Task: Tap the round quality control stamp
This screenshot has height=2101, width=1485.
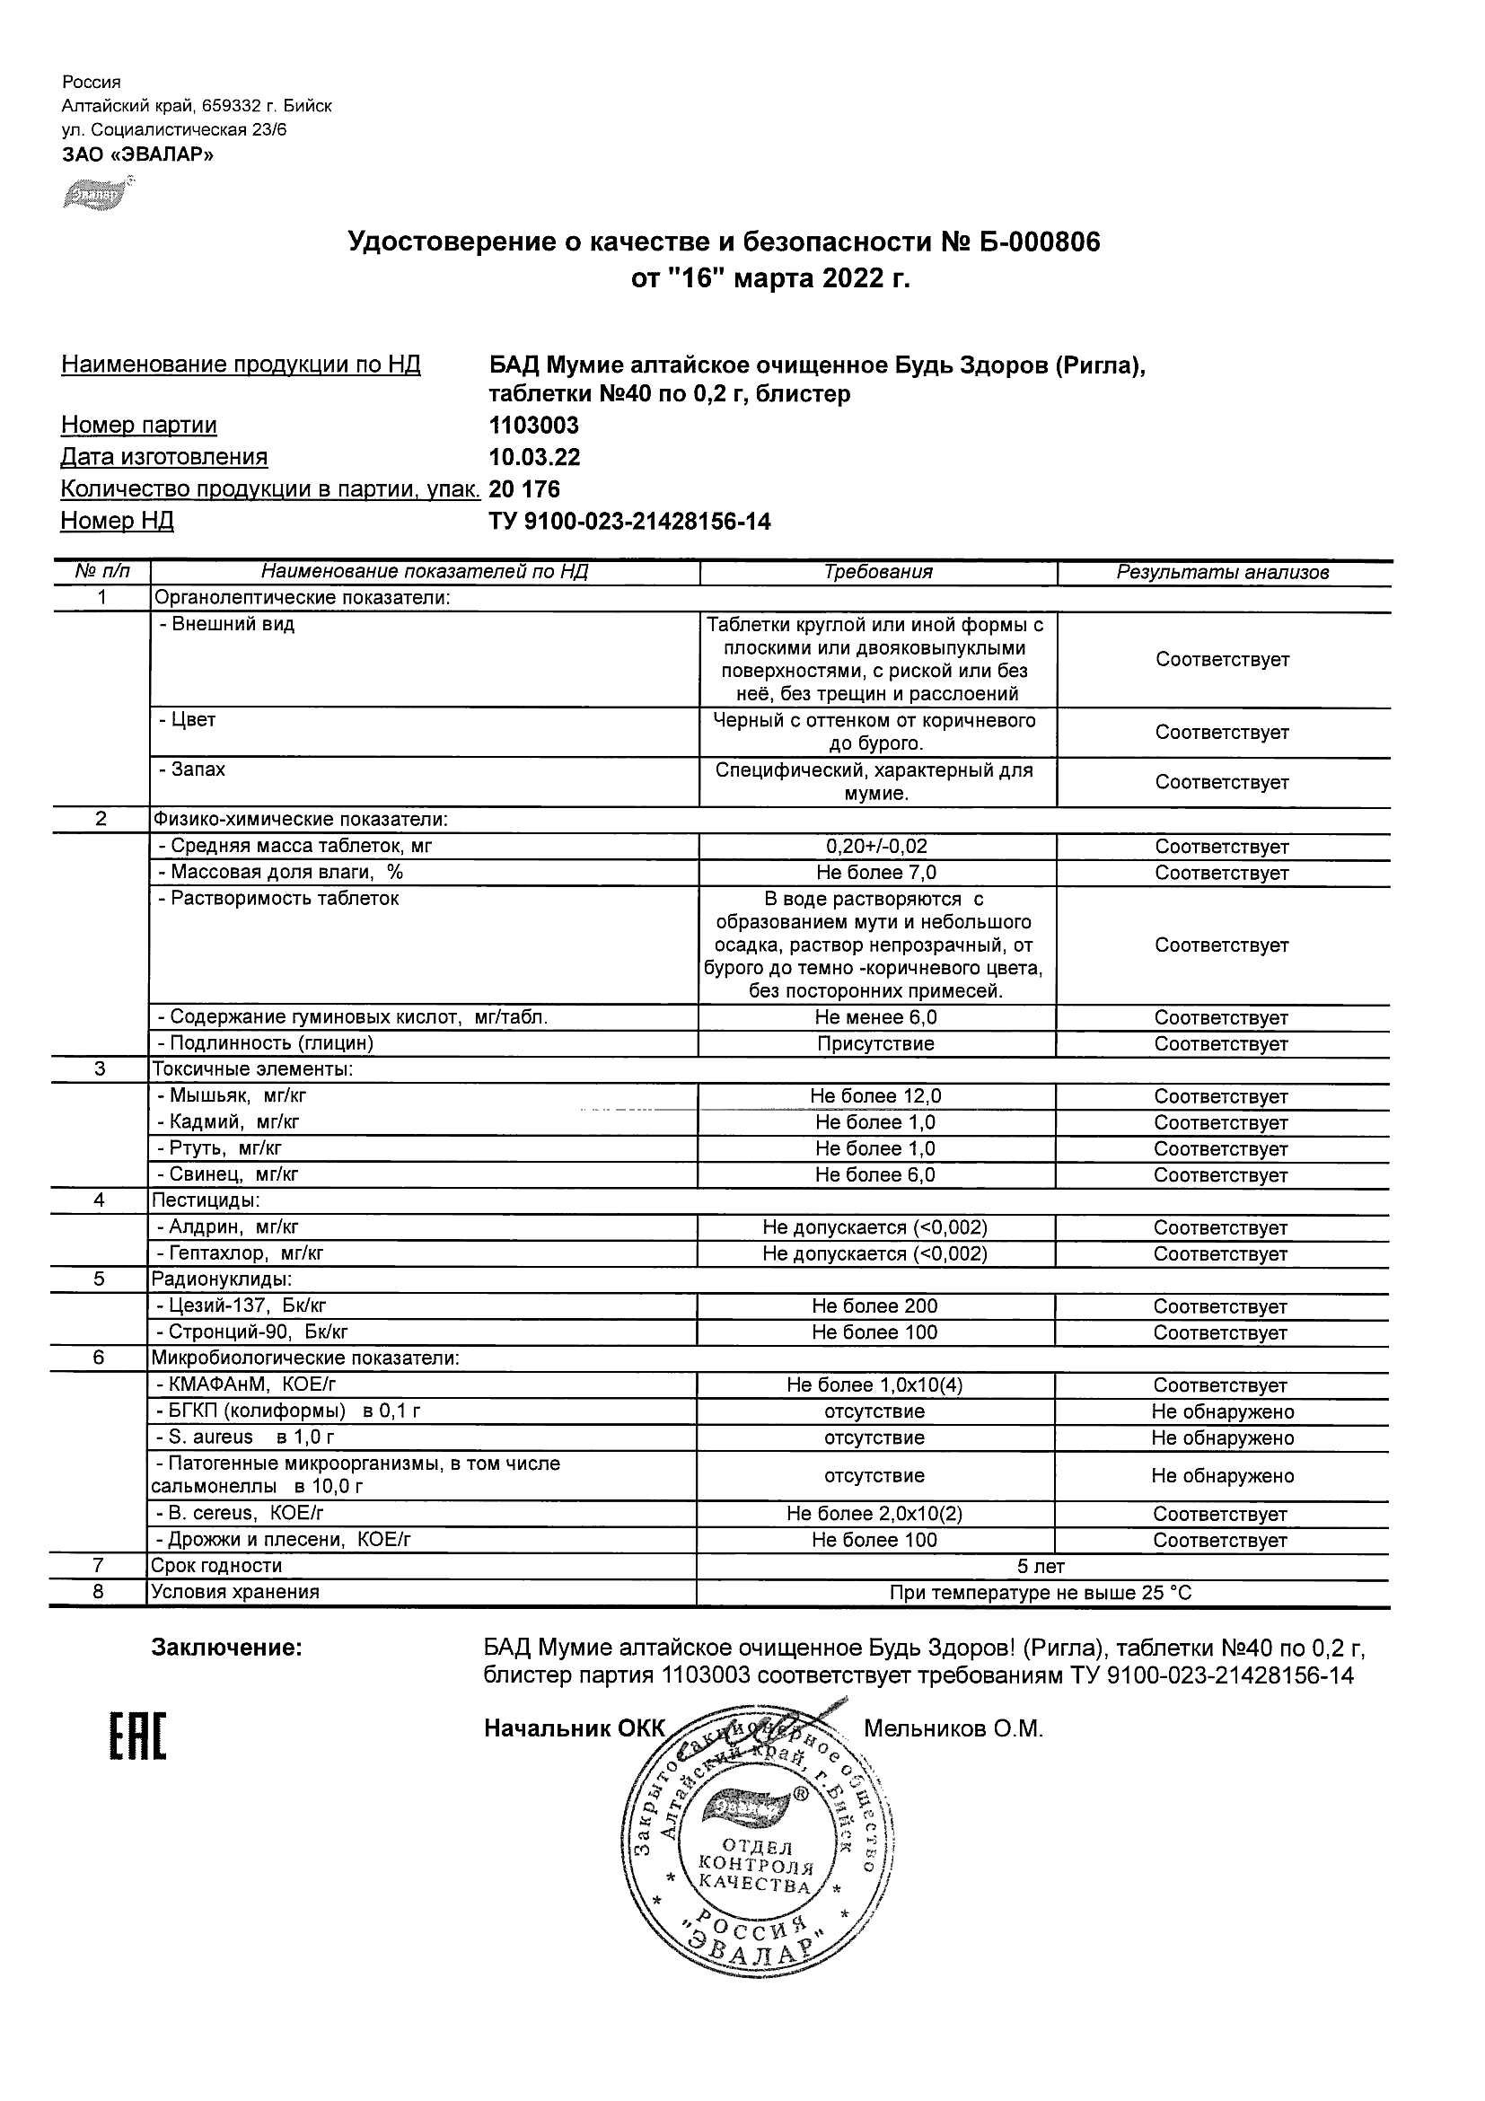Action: [758, 1856]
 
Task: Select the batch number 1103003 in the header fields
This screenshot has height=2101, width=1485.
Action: [533, 426]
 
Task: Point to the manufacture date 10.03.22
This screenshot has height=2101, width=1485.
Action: [534, 458]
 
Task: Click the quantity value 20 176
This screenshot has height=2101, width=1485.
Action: [524, 489]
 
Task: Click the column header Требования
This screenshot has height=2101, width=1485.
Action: [877, 573]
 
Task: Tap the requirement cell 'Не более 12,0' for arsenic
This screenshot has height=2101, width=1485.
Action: [874, 1096]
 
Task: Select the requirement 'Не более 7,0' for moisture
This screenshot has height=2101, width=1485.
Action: [875, 873]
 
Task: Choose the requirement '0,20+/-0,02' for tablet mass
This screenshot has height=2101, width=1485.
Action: [875, 847]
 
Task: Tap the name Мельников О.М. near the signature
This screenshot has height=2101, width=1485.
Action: [953, 1729]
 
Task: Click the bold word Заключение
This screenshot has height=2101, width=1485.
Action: [226, 1648]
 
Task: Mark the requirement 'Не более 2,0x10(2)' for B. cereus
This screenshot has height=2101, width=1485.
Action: [874, 1514]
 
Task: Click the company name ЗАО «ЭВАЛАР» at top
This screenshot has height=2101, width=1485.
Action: [137, 154]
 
